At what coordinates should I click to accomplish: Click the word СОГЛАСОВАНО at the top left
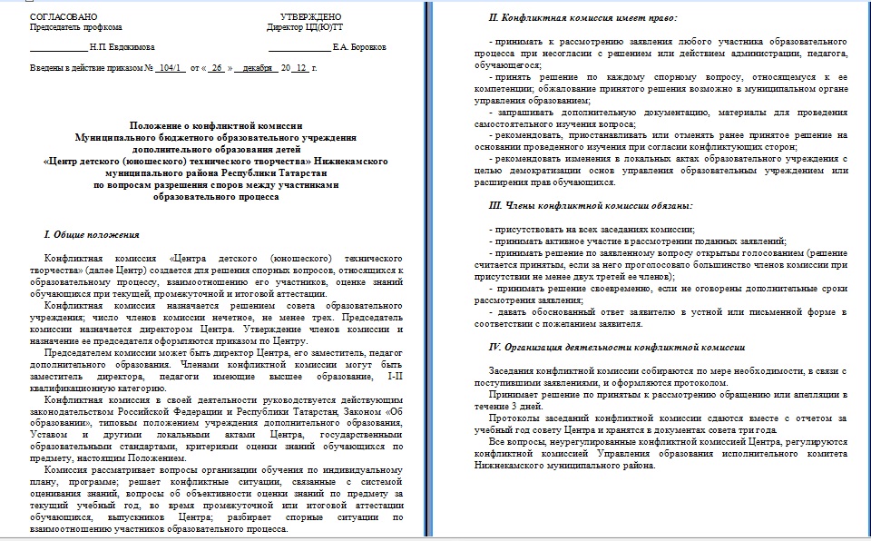tap(60, 17)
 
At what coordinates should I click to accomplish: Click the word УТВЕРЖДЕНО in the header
tap(311, 17)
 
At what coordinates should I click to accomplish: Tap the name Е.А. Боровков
tap(360, 46)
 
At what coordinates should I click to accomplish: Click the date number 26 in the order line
tap(217, 68)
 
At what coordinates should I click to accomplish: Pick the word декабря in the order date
tap(257, 68)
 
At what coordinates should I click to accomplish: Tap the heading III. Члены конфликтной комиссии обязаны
tap(591, 205)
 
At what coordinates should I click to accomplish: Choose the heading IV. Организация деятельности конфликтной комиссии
tap(617, 347)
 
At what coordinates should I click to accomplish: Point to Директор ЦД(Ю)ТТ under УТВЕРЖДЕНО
tap(306, 27)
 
